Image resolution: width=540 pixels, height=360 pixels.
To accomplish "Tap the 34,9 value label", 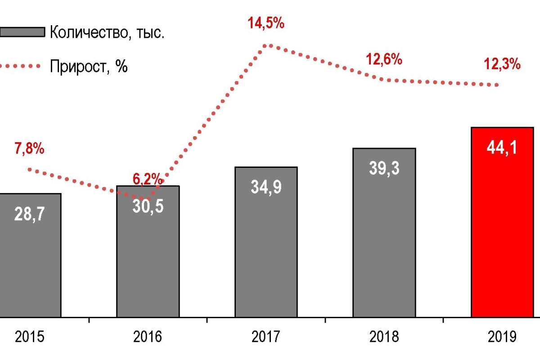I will click(x=266, y=186).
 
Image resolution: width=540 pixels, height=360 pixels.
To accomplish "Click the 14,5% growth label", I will click(x=265, y=23).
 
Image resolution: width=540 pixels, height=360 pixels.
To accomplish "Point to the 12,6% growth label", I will click(x=383, y=59).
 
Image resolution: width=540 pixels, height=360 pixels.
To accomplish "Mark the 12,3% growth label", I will click(x=502, y=64).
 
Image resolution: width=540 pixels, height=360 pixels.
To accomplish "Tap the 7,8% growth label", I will click(x=30, y=149).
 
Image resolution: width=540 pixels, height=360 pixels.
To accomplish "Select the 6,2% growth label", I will click(x=147, y=179).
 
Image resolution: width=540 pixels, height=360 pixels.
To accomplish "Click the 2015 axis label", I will click(x=30, y=337).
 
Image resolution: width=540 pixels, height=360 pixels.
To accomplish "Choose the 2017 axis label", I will click(x=266, y=337).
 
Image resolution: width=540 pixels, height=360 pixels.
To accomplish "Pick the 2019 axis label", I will click(x=502, y=337).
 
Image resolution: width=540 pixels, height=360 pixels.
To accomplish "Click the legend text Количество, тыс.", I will click(x=107, y=32).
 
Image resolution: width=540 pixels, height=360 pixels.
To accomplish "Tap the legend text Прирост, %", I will click(x=89, y=67).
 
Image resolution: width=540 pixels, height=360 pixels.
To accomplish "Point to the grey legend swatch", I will click(x=22, y=32).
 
